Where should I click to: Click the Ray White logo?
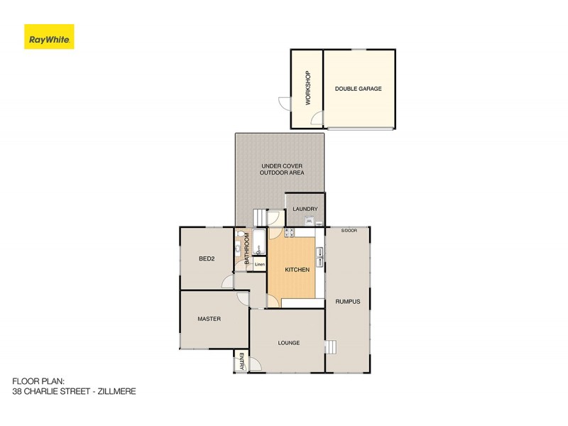(x=49, y=37)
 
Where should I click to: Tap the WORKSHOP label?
(x=308, y=88)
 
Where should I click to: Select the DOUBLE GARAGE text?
(x=359, y=89)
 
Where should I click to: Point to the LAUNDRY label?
(x=305, y=209)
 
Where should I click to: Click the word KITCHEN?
(x=297, y=270)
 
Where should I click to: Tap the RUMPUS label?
(x=348, y=302)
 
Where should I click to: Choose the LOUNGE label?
(x=288, y=343)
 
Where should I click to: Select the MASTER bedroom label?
(x=209, y=319)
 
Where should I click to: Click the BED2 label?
(x=207, y=258)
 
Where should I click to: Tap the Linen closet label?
(x=260, y=265)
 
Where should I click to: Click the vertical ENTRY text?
(x=241, y=361)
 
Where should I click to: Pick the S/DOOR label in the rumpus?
(x=349, y=231)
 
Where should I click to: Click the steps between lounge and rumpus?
(x=329, y=346)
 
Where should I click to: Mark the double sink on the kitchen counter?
(x=320, y=255)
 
